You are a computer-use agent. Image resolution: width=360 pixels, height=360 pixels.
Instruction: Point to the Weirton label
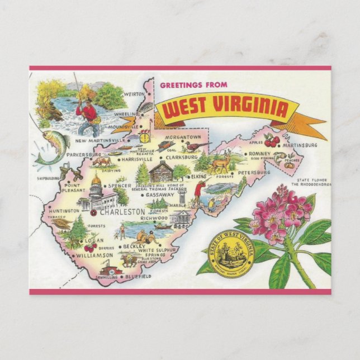coord(134,94)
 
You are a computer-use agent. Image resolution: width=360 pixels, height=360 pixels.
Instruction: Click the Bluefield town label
coord(138,276)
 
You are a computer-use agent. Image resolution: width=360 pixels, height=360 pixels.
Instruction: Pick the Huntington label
coord(64,211)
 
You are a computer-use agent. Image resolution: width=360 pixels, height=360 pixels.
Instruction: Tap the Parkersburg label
coord(83,154)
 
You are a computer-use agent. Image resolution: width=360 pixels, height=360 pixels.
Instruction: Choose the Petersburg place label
coord(255,173)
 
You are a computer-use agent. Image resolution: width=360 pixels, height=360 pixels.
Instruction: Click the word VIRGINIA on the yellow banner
coord(250,110)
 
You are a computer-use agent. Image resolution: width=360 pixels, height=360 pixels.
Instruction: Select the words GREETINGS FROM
coord(194,85)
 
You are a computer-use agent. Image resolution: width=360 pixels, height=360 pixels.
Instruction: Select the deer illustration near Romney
coord(221,163)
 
